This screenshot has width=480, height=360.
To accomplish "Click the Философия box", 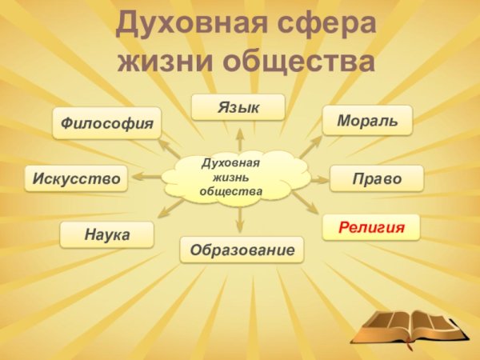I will [x=107, y=123].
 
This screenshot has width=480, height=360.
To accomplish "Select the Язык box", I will [x=238, y=107].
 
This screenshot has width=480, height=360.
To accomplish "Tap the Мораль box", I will [x=367, y=119].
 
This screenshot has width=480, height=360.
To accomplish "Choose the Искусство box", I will [x=76, y=178].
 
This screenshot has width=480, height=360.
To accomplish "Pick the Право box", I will [x=377, y=178].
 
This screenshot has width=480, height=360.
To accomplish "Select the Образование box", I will [x=242, y=250].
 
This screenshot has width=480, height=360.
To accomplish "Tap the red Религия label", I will [x=370, y=227].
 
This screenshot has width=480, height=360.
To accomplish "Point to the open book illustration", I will [x=408, y=324].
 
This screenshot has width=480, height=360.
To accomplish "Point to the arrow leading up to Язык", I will [x=238, y=138].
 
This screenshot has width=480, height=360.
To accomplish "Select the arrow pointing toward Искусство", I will [x=148, y=177].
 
